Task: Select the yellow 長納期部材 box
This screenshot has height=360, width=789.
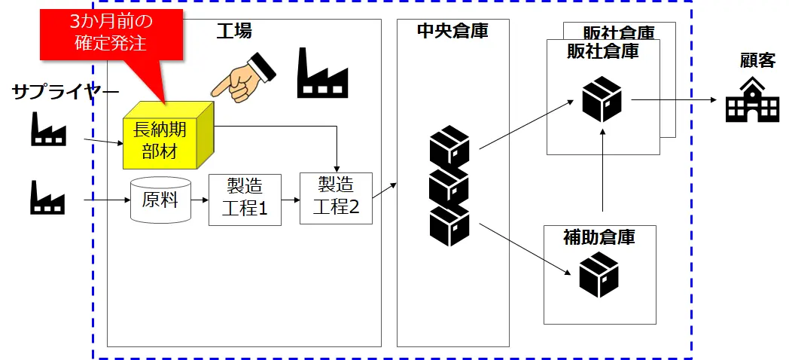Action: [164, 140]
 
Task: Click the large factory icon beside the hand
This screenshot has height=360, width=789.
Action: [322, 74]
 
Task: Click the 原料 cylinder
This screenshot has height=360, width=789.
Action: [160, 200]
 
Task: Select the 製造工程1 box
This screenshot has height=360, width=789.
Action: [245, 200]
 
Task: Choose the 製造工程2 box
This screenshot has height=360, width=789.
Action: [336, 198]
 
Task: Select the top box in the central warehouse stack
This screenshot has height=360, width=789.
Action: [449, 148]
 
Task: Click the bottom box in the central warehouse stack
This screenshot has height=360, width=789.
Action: [449, 225]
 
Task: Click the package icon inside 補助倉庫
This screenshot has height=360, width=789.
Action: [599, 275]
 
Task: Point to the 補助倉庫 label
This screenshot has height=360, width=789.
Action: [599, 238]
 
